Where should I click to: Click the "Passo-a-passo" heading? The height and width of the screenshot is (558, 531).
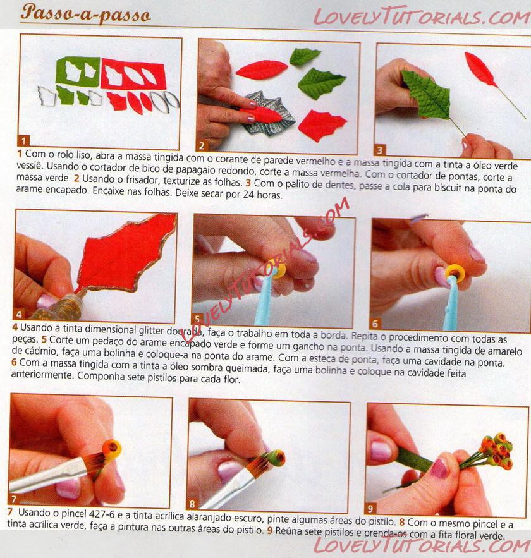(x=85, y=13)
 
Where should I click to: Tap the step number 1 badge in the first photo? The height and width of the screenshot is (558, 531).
(x=23, y=140)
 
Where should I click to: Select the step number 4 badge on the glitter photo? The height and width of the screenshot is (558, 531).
(x=18, y=314)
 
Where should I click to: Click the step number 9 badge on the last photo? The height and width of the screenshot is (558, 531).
(x=370, y=508)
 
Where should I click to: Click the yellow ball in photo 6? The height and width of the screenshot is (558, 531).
(x=455, y=273)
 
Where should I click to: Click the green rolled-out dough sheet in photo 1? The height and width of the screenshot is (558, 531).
(x=78, y=71)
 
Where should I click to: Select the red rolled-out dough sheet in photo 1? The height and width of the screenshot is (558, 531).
(x=133, y=74)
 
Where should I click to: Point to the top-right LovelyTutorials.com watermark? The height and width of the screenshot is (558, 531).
(x=422, y=17)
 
